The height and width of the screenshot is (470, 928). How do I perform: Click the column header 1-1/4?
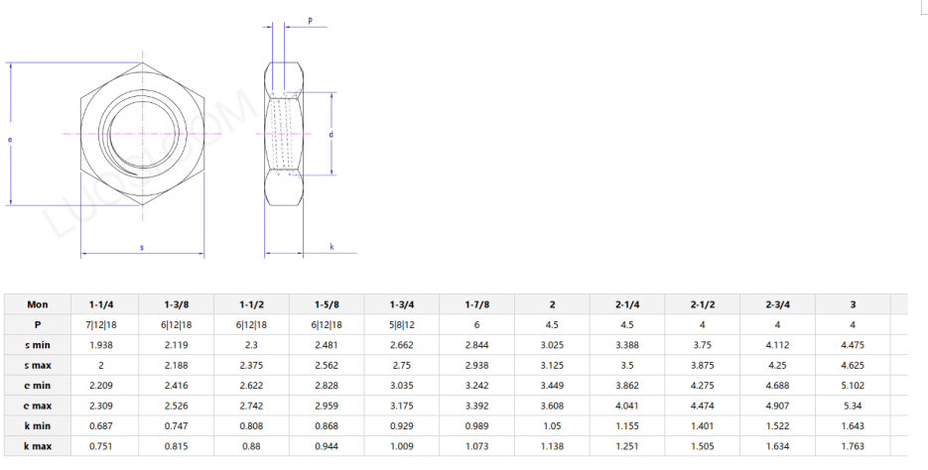click(x=100, y=304)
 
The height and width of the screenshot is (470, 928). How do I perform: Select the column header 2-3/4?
click(x=777, y=304)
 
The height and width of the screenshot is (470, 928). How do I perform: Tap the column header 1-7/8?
click(x=476, y=304)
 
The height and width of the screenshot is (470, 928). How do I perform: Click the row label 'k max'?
click(x=37, y=446)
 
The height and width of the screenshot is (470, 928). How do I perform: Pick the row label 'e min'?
click(x=37, y=386)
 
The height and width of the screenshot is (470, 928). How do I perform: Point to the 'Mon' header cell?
click(x=37, y=304)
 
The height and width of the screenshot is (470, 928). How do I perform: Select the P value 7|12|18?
click(x=100, y=324)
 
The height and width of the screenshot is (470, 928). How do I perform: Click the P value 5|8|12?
click(x=401, y=324)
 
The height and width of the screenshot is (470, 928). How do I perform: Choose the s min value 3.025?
click(x=552, y=345)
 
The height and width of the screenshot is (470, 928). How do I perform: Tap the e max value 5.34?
click(x=853, y=406)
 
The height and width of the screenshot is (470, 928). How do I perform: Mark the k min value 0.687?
click(x=100, y=426)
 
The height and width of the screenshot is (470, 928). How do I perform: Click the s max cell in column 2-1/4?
click(x=627, y=365)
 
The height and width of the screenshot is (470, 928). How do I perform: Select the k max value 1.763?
click(x=853, y=446)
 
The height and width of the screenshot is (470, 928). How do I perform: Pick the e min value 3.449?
click(x=552, y=386)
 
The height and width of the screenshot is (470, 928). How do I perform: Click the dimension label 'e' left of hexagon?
click(x=10, y=140)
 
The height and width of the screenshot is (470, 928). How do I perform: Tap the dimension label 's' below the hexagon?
click(x=141, y=247)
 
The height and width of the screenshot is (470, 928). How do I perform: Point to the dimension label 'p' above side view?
click(x=310, y=20)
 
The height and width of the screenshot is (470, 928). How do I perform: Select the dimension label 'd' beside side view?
click(x=331, y=133)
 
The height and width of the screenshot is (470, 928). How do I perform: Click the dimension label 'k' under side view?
click(x=331, y=247)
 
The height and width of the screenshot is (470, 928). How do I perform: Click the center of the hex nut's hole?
click(x=141, y=133)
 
